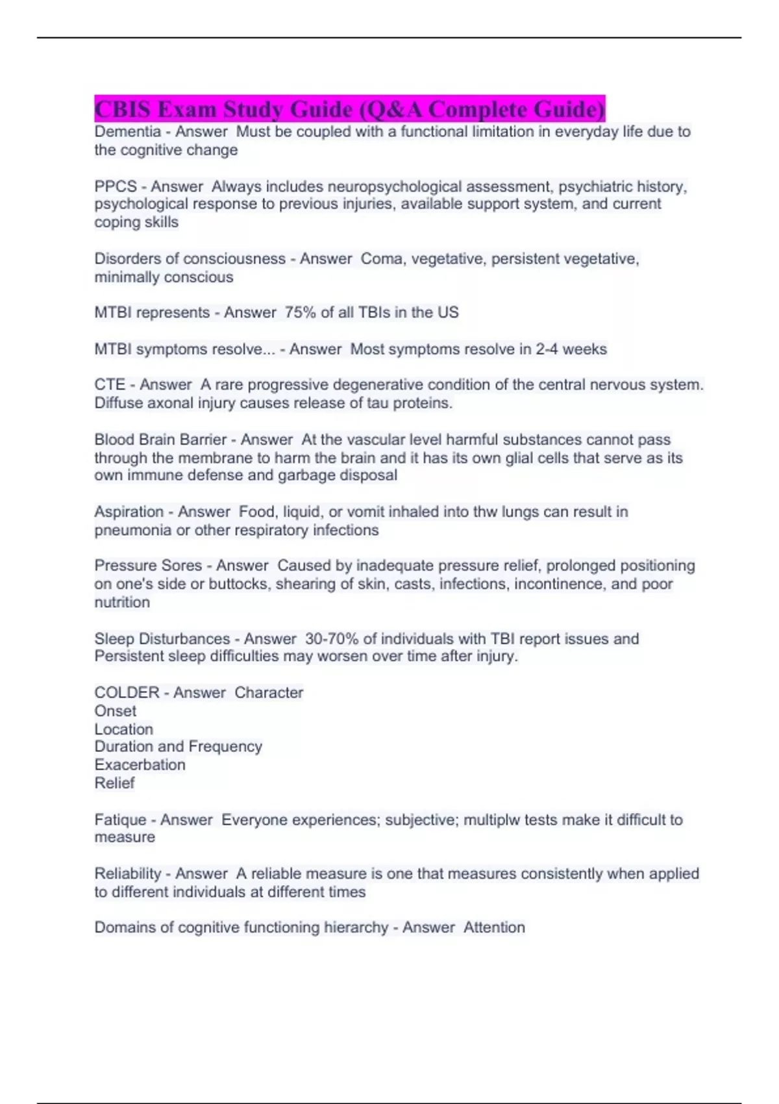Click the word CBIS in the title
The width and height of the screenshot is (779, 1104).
click(123, 109)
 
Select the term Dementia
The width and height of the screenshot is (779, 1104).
click(127, 132)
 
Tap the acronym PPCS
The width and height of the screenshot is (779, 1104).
click(116, 187)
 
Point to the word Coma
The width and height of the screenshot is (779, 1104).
click(381, 259)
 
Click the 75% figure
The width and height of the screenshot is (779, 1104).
click(299, 313)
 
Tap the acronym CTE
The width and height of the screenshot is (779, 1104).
click(110, 385)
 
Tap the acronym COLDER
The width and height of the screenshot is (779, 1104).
click(127, 693)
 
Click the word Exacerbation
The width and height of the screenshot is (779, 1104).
click(140, 765)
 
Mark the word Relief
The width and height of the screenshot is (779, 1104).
click(114, 783)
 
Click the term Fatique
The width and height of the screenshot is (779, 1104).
click(120, 820)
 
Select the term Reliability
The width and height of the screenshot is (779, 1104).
click(127, 874)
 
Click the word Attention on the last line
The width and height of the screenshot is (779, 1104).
click(494, 928)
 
